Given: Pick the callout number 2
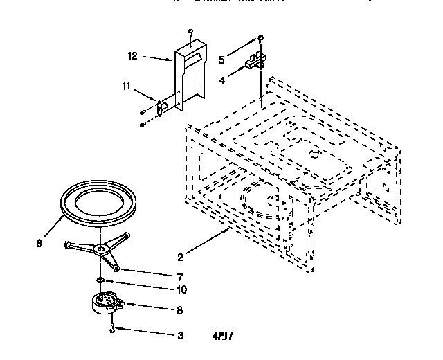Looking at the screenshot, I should [x=180, y=257].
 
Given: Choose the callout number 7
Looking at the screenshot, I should [x=180, y=276].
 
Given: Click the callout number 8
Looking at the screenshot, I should [x=180, y=311].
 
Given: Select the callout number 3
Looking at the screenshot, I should [x=180, y=336].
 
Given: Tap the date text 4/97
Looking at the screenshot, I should [x=224, y=337].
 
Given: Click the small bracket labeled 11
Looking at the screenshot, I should [x=161, y=108].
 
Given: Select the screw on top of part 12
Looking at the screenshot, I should [x=190, y=33].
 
